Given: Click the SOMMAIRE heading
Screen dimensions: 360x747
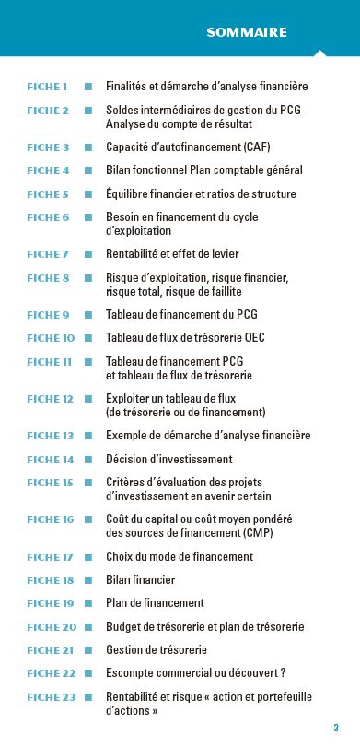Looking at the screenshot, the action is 247,32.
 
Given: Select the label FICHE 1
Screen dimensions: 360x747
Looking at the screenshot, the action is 47,87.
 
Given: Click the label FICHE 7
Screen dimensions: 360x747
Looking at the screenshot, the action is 48,254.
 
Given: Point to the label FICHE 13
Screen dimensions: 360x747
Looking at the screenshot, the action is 50,436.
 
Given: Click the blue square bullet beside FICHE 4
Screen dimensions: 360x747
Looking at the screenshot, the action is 88,170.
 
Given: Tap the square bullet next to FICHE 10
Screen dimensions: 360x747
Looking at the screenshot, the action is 88,338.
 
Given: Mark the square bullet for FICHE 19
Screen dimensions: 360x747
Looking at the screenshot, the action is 88,603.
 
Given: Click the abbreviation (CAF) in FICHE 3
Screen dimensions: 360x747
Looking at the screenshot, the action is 251,147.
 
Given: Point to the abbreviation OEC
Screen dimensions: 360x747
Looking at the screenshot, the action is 254,338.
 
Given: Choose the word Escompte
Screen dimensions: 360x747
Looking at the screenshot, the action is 132,673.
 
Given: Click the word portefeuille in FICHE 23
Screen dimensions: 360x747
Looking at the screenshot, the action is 281,697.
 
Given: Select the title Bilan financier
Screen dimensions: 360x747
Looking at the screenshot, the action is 140,580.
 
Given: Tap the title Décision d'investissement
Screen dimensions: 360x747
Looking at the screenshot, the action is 168,459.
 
